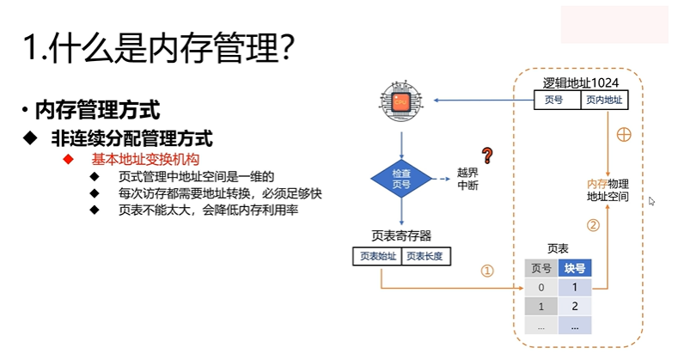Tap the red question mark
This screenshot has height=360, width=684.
pyautogui.click(x=487, y=156)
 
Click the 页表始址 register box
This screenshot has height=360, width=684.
pyautogui.click(x=377, y=255)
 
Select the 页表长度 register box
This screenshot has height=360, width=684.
pyautogui.click(x=427, y=255)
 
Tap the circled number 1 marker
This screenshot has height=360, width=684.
pyautogui.click(x=487, y=271)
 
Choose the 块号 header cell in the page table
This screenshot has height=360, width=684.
pyautogui.click(x=574, y=268)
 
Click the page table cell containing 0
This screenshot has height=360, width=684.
pyautogui.click(x=541, y=287)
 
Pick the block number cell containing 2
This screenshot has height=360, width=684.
pyautogui.click(x=574, y=306)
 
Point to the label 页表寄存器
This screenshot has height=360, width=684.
pyautogui.click(x=401, y=235)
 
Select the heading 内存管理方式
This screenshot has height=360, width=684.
pyautogui.click(x=97, y=110)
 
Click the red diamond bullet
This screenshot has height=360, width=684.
pyautogui.click(x=67, y=159)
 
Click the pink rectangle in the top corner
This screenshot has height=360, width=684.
pyautogui.click(x=614, y=24)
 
